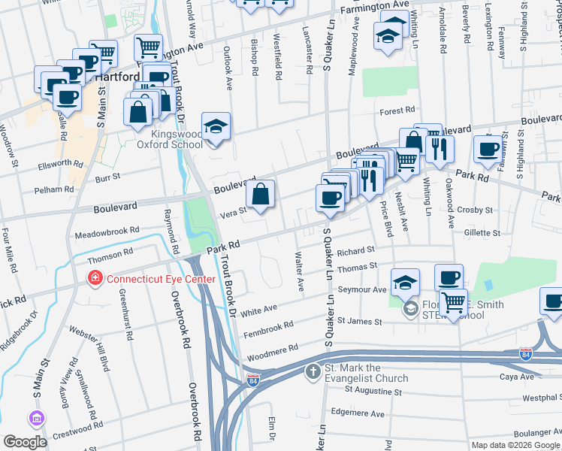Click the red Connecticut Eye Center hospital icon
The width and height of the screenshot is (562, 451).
[x=95, y=279]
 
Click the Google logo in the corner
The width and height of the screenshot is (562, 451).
[x=24, y=441]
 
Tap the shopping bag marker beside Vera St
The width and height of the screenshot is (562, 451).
[x=260, y=195]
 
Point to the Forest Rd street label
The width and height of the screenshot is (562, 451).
[x=397, y=110]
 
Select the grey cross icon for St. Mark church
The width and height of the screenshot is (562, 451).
[x=313, y=371]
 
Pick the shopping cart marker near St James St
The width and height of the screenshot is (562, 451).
[x=453, y=304]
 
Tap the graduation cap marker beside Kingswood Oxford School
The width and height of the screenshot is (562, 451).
[x=216, y=126]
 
